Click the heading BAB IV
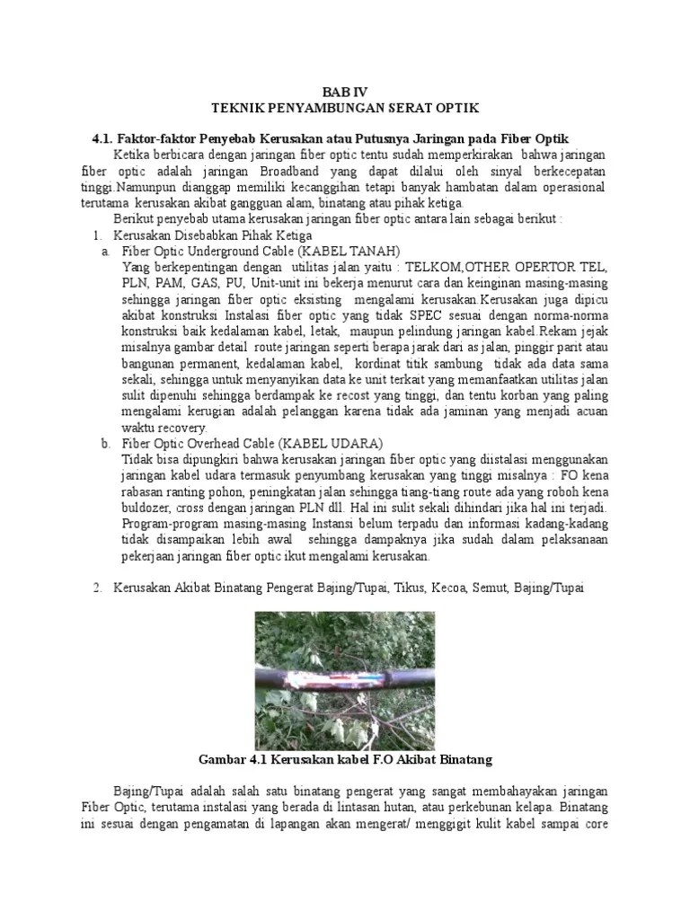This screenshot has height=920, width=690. (345, 92)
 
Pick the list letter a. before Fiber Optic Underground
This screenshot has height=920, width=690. (107, 251)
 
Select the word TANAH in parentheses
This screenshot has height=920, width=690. (372, 251)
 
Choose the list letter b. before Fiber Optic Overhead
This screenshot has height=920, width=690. (107, 444)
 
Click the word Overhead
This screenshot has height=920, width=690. (219, 444)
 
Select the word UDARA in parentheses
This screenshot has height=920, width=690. (356, 444)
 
